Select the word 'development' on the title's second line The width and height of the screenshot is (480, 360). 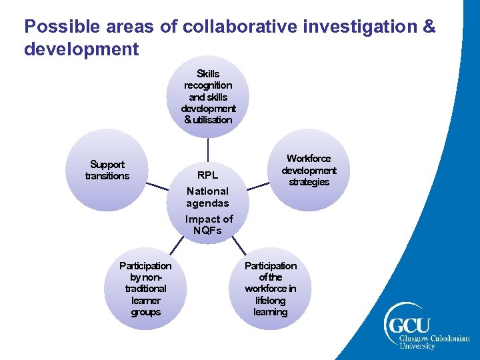tap(81, 49)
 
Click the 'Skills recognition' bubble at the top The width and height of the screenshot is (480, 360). tap(208, 97)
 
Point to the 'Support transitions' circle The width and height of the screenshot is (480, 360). tap(107, 170)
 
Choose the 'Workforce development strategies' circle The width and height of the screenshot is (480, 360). tap(309, 170)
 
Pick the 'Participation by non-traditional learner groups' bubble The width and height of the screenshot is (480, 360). tap(145, 289)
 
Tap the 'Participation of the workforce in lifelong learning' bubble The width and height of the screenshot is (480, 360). tap(270, 289)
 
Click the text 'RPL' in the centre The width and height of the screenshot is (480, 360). tap(207, 176)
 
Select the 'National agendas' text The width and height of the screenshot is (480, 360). tap(207, 197)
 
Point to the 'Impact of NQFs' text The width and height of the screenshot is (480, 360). tap(209, 225)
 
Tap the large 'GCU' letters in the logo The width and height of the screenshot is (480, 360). tap(411, 327)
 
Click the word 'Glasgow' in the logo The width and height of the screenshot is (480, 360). tap(415, 339)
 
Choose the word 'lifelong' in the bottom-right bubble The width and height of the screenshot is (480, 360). tap(270, 301)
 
